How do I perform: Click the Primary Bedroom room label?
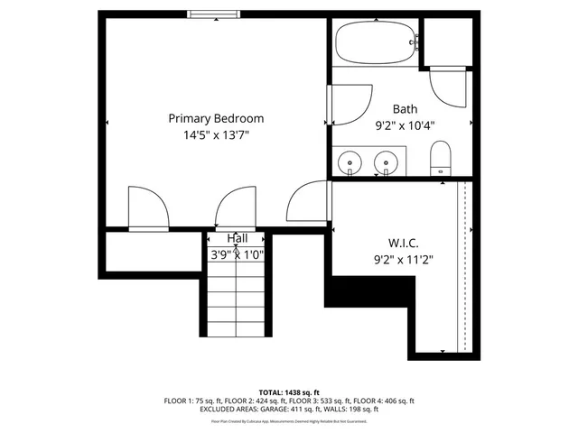[x=216, y=118]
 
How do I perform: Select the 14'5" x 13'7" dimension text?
[x=216, y=135]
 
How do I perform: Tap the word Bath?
[x=404, y=108]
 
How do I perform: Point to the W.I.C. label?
[x=404, y=242]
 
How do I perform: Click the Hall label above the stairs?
[x=237, y=238]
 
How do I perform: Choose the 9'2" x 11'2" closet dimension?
[x=404, y=259]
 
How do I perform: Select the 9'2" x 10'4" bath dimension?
[x=404, y=126]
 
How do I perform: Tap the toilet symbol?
[x=440, y=159]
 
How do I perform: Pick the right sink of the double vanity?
[x=387, y=163]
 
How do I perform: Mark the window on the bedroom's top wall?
[x=214, y=14]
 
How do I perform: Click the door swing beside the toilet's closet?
[x=449, y=87]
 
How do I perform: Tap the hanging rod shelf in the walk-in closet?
[x=462, y=266]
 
